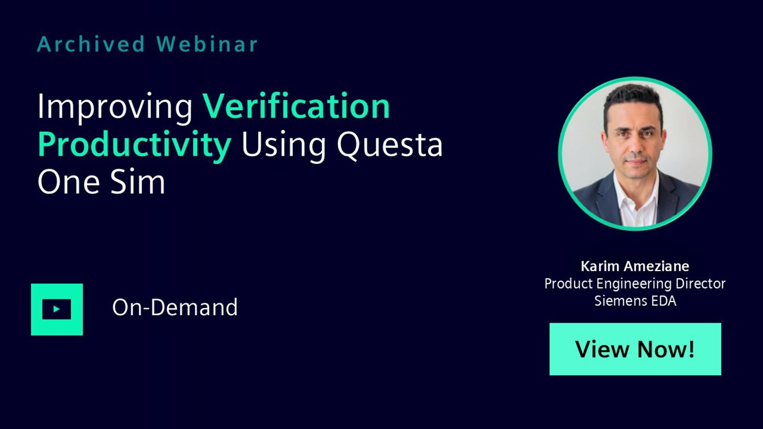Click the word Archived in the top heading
pos(91,44)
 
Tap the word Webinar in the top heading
pos(207,44)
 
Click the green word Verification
pos(296,106)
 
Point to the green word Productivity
pos(134,145)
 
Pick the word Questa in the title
pos(389,145)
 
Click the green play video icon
pos(57,309)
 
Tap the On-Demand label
pos(175,307)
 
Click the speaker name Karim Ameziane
pos(635,266)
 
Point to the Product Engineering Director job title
pos(635,284)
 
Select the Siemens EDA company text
pos(635,301)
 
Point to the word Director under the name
pos(701,284)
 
